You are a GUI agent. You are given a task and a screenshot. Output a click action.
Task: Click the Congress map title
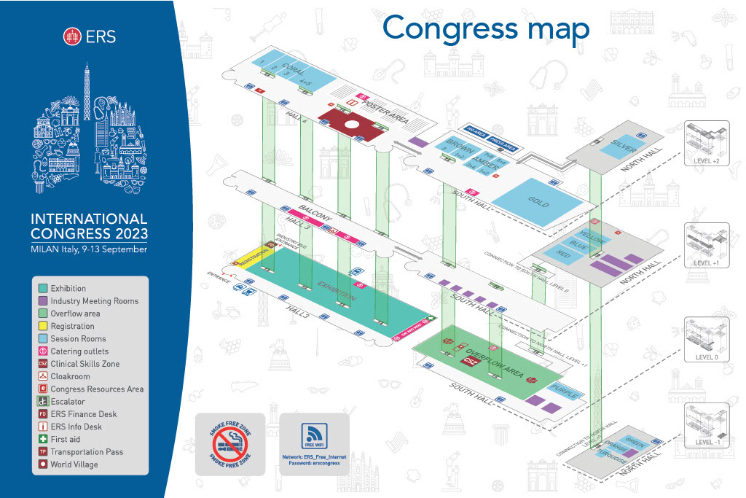point(486,28)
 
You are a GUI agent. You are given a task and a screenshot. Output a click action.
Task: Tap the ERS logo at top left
point(90,36)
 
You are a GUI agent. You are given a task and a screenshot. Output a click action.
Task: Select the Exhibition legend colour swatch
point(43,289)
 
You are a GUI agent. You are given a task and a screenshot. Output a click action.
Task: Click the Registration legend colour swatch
point(43,326)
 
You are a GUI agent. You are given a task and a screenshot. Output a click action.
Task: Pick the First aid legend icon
point(43,439)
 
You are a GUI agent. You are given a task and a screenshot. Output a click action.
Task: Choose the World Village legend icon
point(43,464)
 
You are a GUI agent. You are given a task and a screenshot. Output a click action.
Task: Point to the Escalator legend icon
point(43,402)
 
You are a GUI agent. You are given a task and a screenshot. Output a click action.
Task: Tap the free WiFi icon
point(315,437)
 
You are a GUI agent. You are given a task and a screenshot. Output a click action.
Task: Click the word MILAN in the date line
point(47,249)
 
